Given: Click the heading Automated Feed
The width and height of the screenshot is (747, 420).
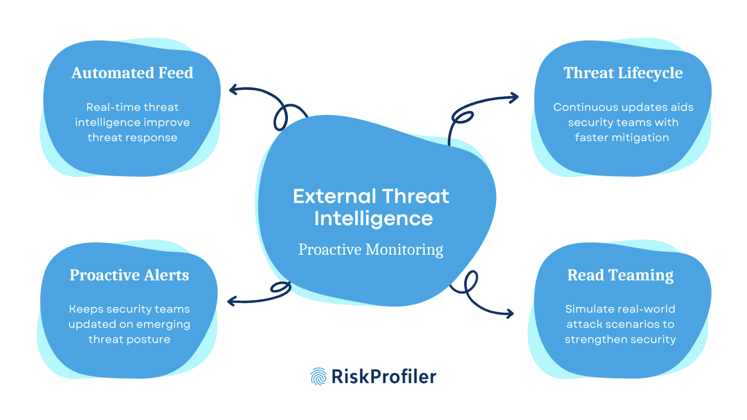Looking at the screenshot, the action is (132, 73).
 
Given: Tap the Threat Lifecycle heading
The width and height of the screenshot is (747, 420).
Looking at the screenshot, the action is (623, 73).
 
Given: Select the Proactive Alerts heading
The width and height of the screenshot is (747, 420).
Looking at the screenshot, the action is (129, 275).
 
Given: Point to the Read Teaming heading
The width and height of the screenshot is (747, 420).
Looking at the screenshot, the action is (620, 275).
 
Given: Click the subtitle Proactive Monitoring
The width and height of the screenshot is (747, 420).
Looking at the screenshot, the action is (371, 249).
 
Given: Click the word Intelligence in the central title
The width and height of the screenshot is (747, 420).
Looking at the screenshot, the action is (373, 219).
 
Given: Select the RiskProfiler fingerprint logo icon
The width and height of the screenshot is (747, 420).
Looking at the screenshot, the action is (318, 377).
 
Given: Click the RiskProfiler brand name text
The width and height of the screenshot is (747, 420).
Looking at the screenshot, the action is (384, 377).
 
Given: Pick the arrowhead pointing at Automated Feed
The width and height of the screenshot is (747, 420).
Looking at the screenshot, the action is (233, 89).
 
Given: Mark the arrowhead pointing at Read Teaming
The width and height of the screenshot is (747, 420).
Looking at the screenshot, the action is (510, 314).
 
